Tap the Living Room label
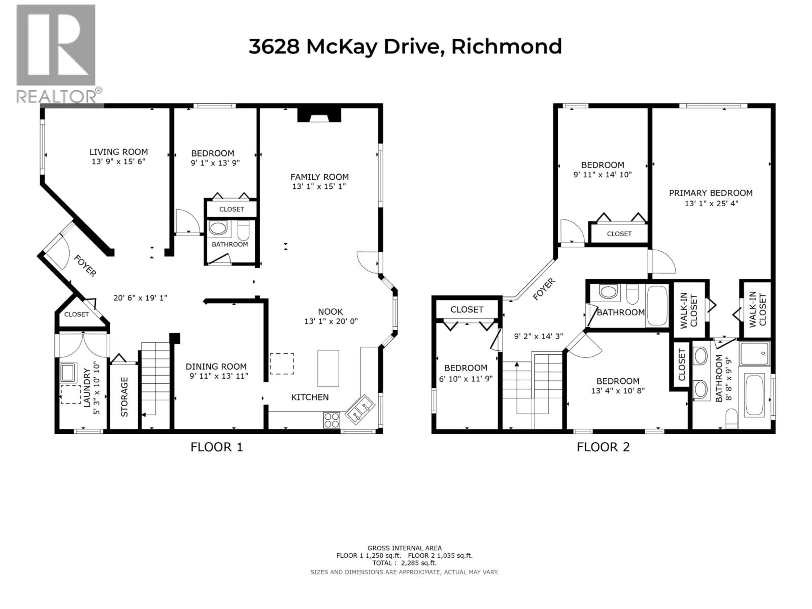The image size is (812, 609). coord(119,152)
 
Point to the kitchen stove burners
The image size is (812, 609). coord(332,420)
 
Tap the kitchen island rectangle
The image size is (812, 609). coord(328,368)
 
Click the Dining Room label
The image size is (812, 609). coord(216,366)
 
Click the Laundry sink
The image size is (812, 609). coord(69,373)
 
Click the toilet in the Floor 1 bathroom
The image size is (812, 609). coord(243,230)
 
